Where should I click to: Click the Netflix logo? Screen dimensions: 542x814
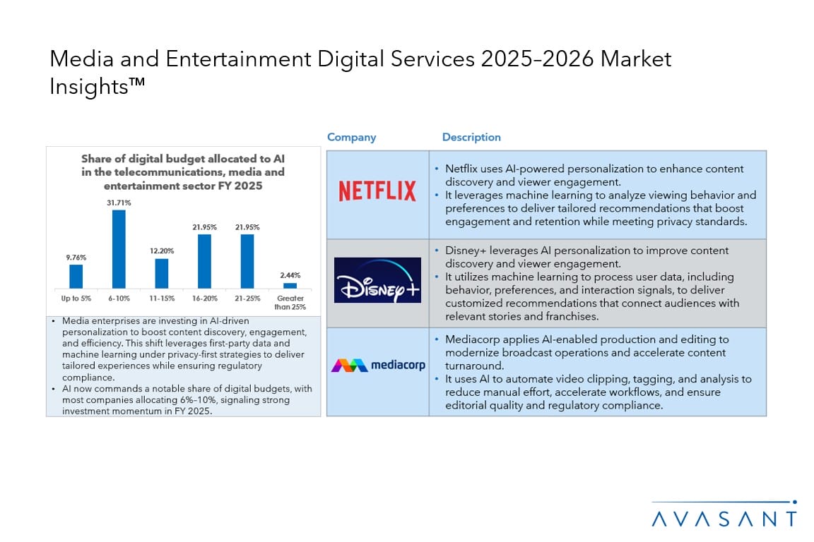tap(377, 191)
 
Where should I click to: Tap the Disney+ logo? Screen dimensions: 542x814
tap(377, 280)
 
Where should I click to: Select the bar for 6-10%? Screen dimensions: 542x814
tap(119, 248)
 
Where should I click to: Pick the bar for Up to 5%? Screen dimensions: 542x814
tap(76, 276)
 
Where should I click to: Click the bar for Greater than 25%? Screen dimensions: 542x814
tap(290, 285)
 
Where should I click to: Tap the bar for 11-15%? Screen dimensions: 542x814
tap(162, 273)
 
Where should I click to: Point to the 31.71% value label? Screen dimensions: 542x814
tap(119, 203)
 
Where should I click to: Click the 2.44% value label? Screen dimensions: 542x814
tap(290, 276)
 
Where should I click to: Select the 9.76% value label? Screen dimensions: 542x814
tap(76, 258)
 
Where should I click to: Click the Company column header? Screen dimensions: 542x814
tap(351, 138)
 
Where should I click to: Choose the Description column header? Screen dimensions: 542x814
tap(471, 138)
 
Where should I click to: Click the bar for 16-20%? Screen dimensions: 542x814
tap(204, 261)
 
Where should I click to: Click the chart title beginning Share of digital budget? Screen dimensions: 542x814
tap(182, 172)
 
